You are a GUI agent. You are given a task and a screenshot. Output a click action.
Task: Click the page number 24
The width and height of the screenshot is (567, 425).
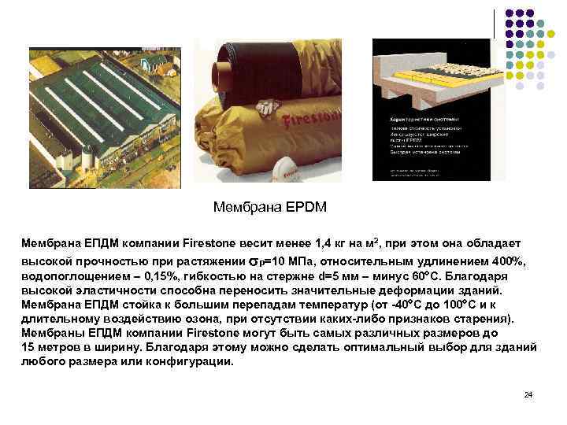coord(528,394)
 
